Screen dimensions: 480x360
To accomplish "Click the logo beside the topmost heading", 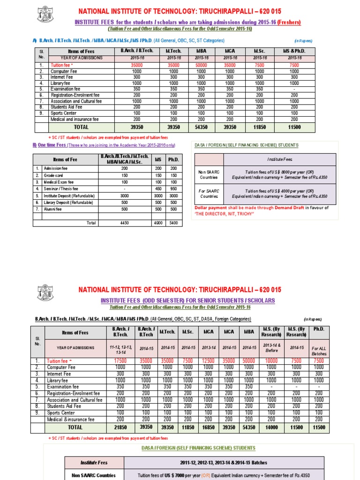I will tap(45, 14).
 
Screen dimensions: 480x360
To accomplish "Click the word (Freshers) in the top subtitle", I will tap(289, 22).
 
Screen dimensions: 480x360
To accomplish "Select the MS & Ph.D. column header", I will tap(294, 51).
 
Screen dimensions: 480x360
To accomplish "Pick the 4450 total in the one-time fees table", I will tap(124, 223).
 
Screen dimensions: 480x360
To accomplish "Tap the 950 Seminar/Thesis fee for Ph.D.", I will tap(173, 189).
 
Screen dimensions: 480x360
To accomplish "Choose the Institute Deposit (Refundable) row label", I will tap(69, 195).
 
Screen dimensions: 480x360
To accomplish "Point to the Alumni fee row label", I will tap(53, 209).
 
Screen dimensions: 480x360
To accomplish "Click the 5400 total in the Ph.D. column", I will tap(173, 223).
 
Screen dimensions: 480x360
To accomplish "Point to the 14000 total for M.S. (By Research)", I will tap(271, 428).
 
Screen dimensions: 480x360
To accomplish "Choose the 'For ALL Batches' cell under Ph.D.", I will tap(319, 351).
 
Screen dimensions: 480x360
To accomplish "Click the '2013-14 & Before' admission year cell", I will tap(271, 348).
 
